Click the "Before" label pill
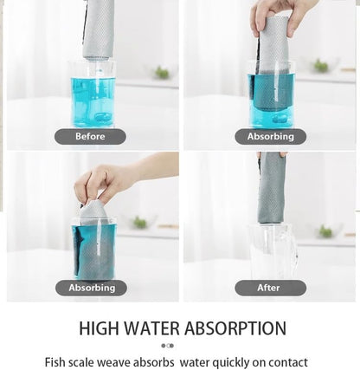tap(90, 137)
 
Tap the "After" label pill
tap(270, 288)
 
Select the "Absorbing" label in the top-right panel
tap(270, 137)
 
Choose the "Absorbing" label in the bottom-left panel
tap(91, 288)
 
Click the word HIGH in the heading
tap(99, 328)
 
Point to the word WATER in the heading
tap(151, 328)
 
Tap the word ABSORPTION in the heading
tap(235, 328)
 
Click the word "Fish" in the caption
tap(54, 362)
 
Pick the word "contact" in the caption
tap(290, 362)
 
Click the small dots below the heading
tap(167, 346)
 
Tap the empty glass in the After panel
tap(273, 250)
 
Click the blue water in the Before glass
tap(93, 102)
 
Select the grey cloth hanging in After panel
tap(272, 188)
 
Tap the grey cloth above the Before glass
tap(98, 29)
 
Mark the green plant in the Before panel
tap(162, 73)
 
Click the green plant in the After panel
tap(325, 231)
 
